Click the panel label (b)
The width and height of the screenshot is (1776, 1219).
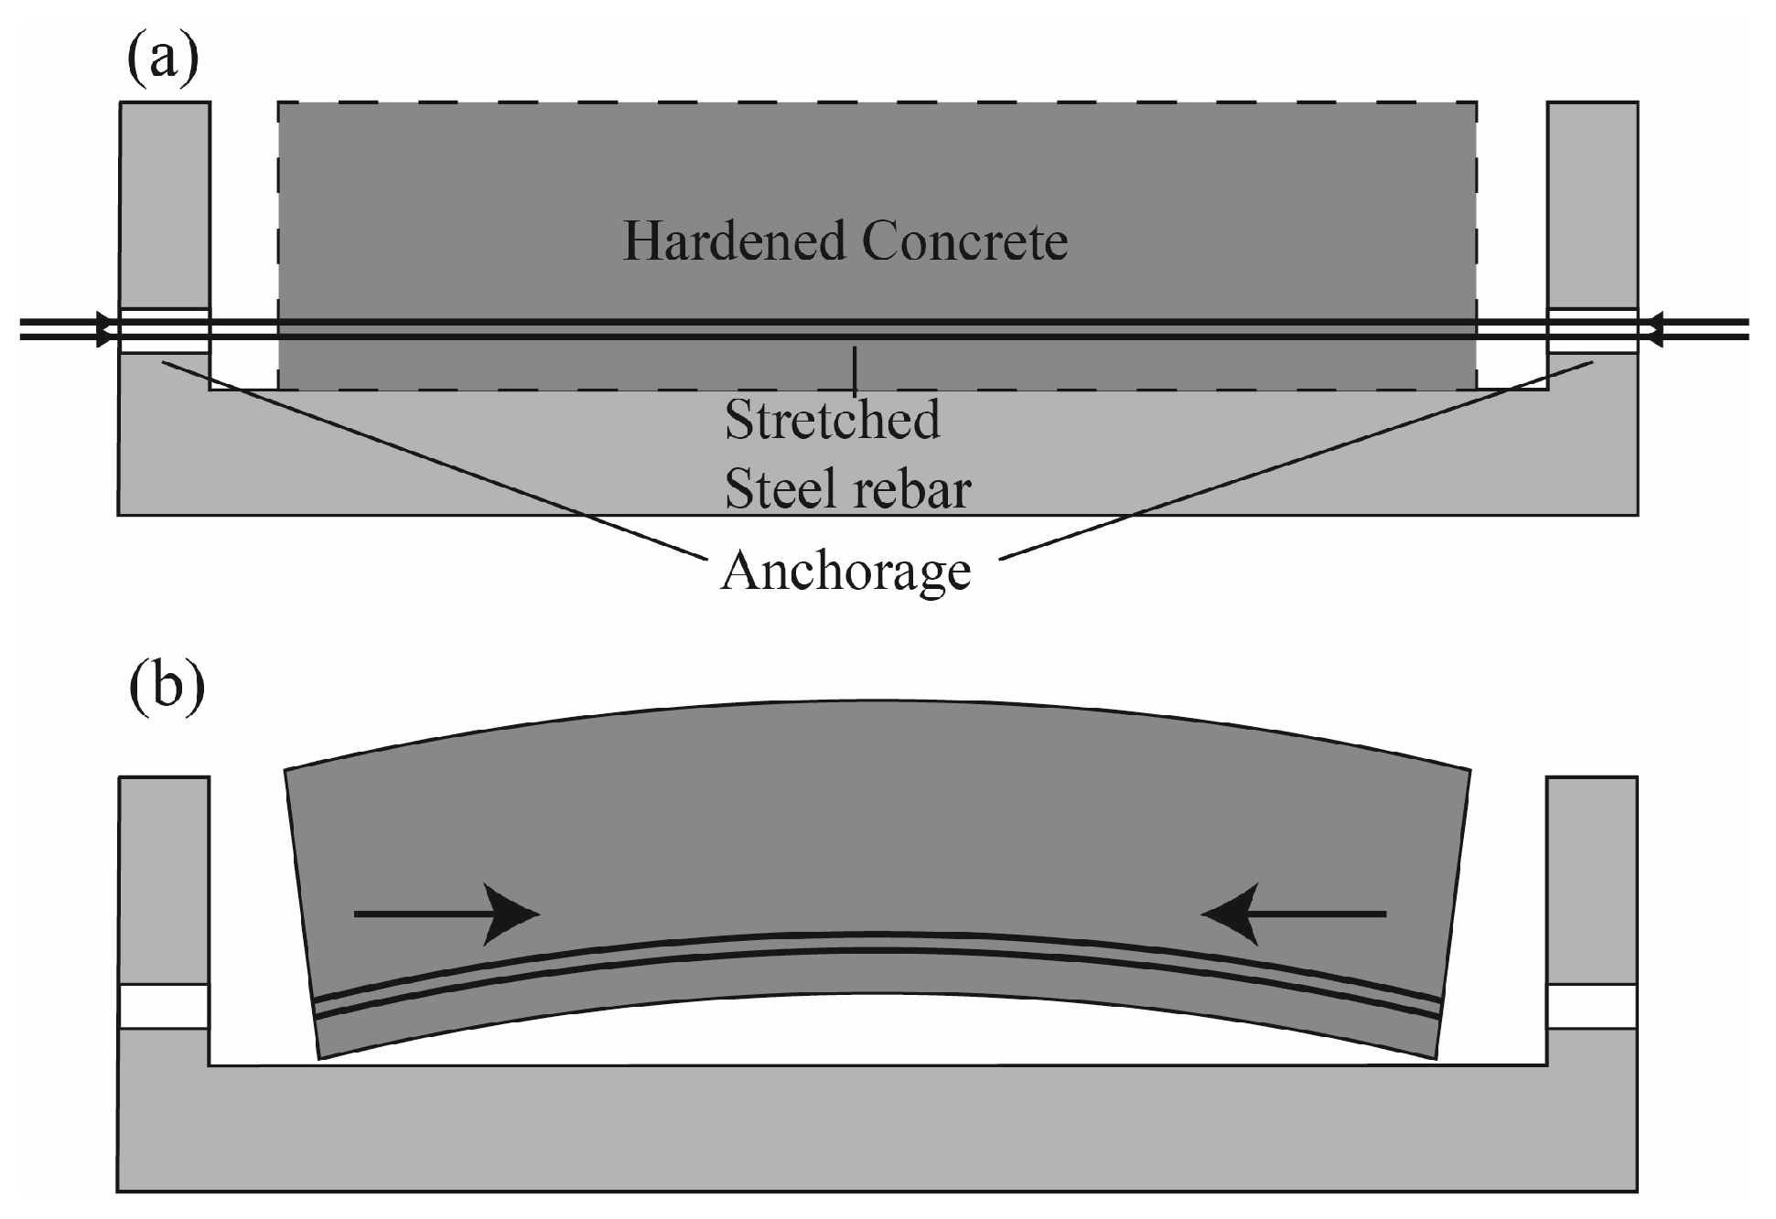pos(166,685)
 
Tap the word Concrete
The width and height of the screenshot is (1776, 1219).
pos(964,241)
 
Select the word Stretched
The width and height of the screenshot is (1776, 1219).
pos(832,420)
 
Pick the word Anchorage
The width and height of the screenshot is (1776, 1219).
pos(845,572)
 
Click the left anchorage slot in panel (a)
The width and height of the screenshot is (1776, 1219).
pos(165,331)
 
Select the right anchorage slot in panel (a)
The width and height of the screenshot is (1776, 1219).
pos(1592,331)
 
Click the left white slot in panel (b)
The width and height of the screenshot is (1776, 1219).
pos(165,1007)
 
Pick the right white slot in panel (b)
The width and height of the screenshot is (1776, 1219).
pos(1592,1007)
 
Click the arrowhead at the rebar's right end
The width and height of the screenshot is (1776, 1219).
pos(1652,330)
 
